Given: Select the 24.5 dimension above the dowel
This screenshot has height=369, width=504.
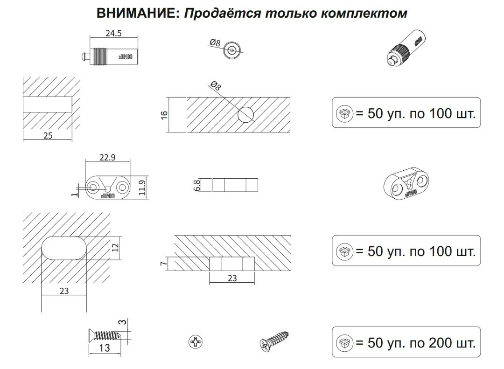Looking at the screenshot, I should click(113, 34).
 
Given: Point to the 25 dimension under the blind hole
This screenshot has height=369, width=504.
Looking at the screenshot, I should click(47, 136).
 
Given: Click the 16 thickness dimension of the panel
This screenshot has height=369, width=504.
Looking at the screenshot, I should click(163, 115).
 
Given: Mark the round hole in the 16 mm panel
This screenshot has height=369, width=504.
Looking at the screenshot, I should click(245, 115).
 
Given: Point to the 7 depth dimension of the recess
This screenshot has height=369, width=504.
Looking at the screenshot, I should click(163, 264).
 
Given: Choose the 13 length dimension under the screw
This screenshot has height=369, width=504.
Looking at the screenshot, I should click(105, 348).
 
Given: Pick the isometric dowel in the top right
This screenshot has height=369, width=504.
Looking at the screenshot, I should click(407, 49).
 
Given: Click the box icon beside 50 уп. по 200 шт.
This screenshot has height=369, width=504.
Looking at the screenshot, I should click(345, 343).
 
